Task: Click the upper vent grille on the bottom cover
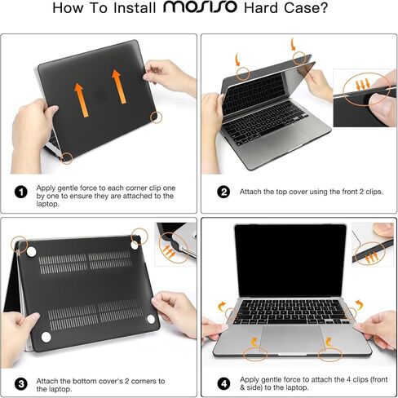tap(86, 263)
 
